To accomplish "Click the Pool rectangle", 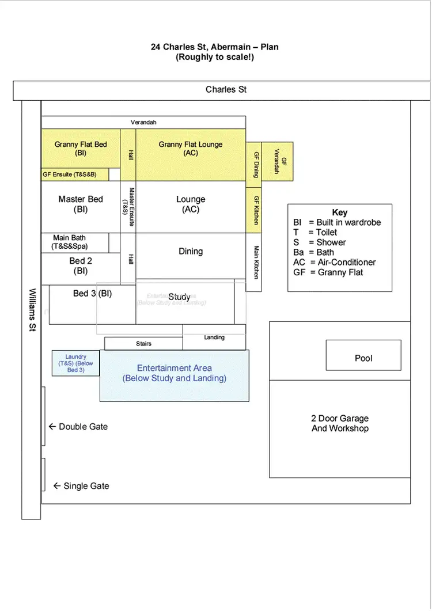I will (363, 355).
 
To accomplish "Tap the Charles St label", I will (226, 89).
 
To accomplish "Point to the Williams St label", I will (32, 310).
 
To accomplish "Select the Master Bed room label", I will (81, 204).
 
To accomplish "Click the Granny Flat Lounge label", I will (191, 149).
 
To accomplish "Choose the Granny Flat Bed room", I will (81, 149).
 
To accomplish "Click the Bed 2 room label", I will (81, 265).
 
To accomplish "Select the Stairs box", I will (143, 344).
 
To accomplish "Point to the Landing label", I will (214, 337).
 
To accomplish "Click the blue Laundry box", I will (75, 363).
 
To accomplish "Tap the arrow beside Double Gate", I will (52, 427).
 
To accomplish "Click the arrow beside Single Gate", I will (56, 486).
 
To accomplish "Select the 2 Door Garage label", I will (340, 423).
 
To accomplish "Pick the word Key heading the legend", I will (340, 212).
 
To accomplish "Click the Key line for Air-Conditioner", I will (334, 262).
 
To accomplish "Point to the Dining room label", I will (191, 251).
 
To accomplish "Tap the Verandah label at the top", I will (143, 122).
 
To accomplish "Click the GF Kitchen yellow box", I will (253, 210).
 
